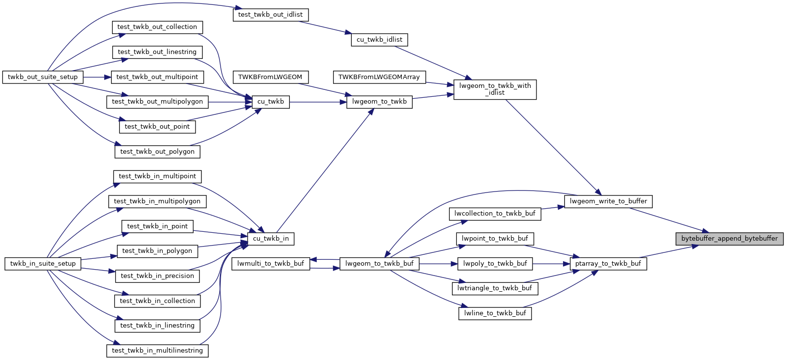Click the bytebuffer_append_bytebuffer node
[x=729, y=239]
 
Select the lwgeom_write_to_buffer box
[x=608, y=201]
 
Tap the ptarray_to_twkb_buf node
[x=608, y=264]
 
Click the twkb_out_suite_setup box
[x=43, y=77]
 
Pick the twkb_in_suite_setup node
[x=43, y=264]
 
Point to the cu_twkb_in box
[x=271, y=239]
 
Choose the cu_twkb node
[x=271, y=102]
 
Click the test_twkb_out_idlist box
[x=270, y=15]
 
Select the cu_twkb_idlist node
[x=379, y=40]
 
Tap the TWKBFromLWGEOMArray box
[x=379, y=77]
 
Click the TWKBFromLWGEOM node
[x=270, y=77]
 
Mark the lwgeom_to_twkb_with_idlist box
[x=495, y=89]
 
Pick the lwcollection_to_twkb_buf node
[x=495, y=214]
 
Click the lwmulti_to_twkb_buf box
[x=271, y=264]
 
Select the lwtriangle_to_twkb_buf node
[x=495, y=288]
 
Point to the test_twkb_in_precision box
[x=157, y=276]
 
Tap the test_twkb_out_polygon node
[x=157, y=152]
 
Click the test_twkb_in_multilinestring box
[x=157, y=351]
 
